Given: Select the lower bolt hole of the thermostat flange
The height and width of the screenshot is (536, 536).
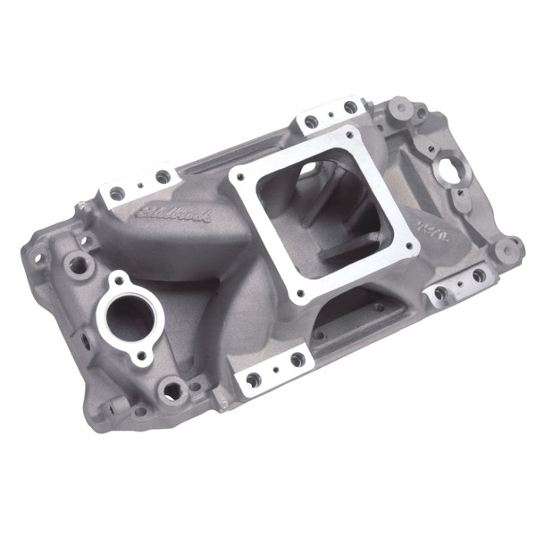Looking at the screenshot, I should coord(140,356).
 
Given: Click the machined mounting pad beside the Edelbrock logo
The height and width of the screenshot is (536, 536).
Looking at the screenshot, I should coord(138,184).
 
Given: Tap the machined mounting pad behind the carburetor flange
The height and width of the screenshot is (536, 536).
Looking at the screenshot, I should coord(331,113).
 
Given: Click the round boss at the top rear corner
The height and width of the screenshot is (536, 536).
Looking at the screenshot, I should coord(400,107).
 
